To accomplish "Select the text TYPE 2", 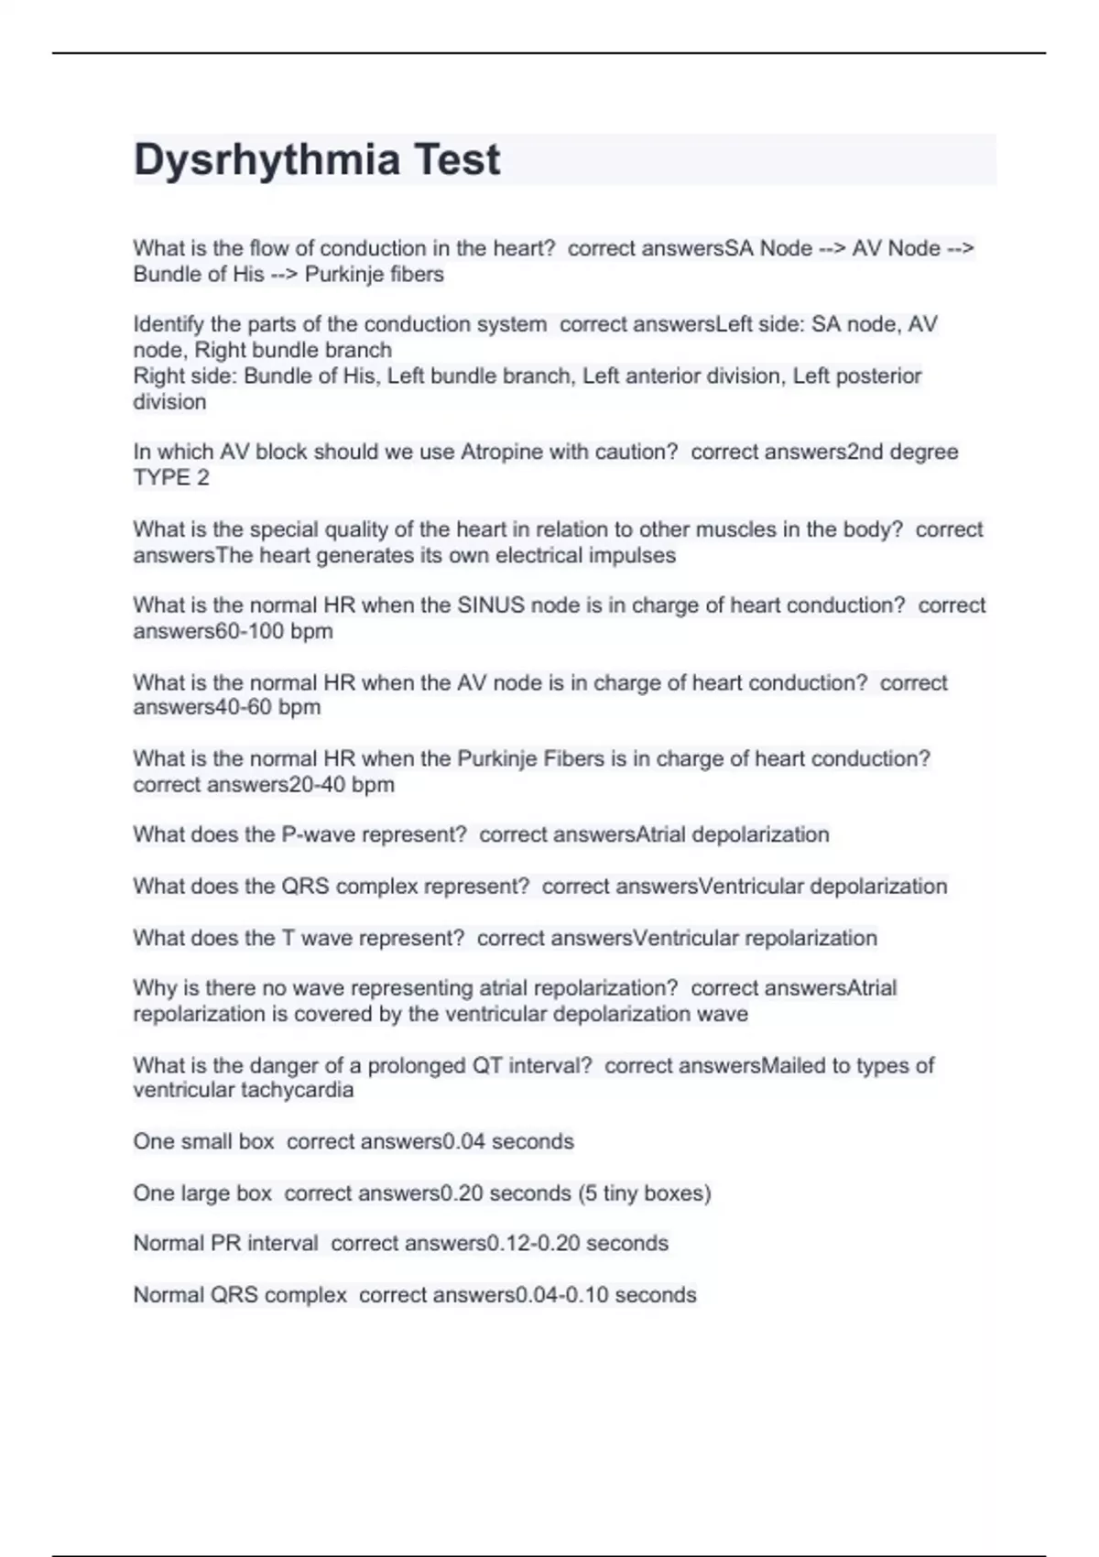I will click(x=171, y=477).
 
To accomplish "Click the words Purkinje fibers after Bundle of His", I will click(x=374, y=274).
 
